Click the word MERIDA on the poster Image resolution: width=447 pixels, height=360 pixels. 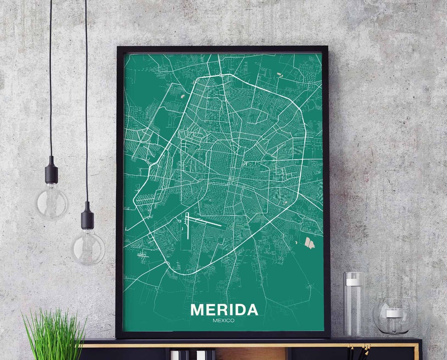(x=224, y=310)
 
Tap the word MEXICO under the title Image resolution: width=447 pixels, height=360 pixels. (x=223, y=320)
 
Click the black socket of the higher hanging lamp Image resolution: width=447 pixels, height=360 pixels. (x=51, y=170)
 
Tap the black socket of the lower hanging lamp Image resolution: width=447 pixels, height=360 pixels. (x=87, y=216)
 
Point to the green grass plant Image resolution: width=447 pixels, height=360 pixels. (x=54, y=335)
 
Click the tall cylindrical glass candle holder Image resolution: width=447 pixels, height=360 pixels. (x=354, y=304)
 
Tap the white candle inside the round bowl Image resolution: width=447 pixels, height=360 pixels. (x=394, y=313)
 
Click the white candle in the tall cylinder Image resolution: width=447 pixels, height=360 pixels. (x=354, y=282)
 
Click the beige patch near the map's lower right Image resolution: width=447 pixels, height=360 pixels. (x=309, y=243)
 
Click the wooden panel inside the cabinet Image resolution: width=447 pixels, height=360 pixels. (x=250, y=354)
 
